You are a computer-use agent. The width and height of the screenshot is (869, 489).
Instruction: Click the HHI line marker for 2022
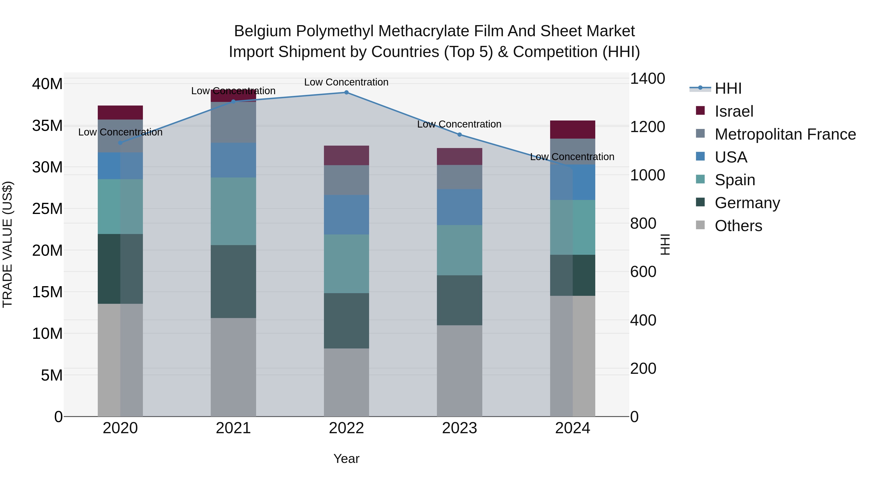[x=346, y=92]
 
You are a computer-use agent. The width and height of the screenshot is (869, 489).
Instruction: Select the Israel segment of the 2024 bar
[x=573, y=130]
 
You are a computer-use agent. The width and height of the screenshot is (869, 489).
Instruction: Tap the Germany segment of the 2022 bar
[x=346, y=321]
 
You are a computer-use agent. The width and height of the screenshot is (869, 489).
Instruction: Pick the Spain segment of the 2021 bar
[x=233, y=211]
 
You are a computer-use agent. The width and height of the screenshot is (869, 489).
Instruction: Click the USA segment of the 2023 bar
[x=459, y=207]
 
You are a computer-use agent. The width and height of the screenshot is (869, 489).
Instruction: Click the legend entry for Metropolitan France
[x=785, y=134]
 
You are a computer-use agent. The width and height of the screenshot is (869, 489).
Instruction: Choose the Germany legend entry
[x=747, y=203]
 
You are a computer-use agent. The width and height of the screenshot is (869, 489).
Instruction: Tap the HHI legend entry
[x=728, y=88]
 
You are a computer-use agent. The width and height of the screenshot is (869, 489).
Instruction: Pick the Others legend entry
[x=738, y=226]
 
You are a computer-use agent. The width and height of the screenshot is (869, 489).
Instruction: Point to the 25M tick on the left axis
[x=47, y=209]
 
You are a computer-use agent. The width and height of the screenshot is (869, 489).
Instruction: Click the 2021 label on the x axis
[x=233, y=428]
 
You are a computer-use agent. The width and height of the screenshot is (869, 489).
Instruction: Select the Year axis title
[x=346, y=459]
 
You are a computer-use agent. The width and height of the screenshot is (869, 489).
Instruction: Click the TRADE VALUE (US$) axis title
[x=7, y=244]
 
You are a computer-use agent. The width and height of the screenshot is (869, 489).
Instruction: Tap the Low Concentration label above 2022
[x=346, y=82]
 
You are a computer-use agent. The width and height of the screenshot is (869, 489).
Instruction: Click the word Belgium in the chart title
[x=262, y=31]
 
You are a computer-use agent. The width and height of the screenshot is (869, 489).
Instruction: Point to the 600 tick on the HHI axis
[x=643, y=272]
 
